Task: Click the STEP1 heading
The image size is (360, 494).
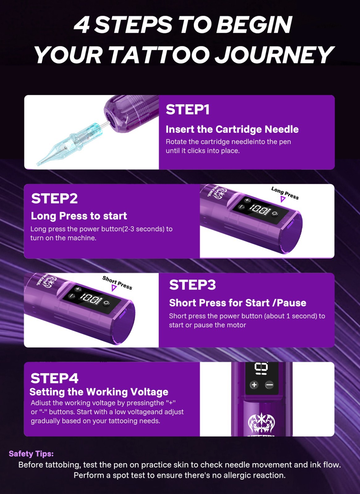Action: [187, 109]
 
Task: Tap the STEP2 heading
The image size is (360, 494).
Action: [54, 199]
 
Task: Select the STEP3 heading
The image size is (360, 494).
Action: [193, 284]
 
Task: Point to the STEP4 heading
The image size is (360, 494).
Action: [54, 378]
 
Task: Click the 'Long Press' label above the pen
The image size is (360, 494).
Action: [285, 193]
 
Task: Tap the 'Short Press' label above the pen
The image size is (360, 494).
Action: [117, 283]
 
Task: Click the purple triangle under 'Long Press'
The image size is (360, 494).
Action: [283, 199]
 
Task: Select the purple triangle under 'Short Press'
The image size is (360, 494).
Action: [114, 288]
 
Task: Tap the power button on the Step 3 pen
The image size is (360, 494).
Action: [107, 303]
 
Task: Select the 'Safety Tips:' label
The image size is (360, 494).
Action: [31, 454]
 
